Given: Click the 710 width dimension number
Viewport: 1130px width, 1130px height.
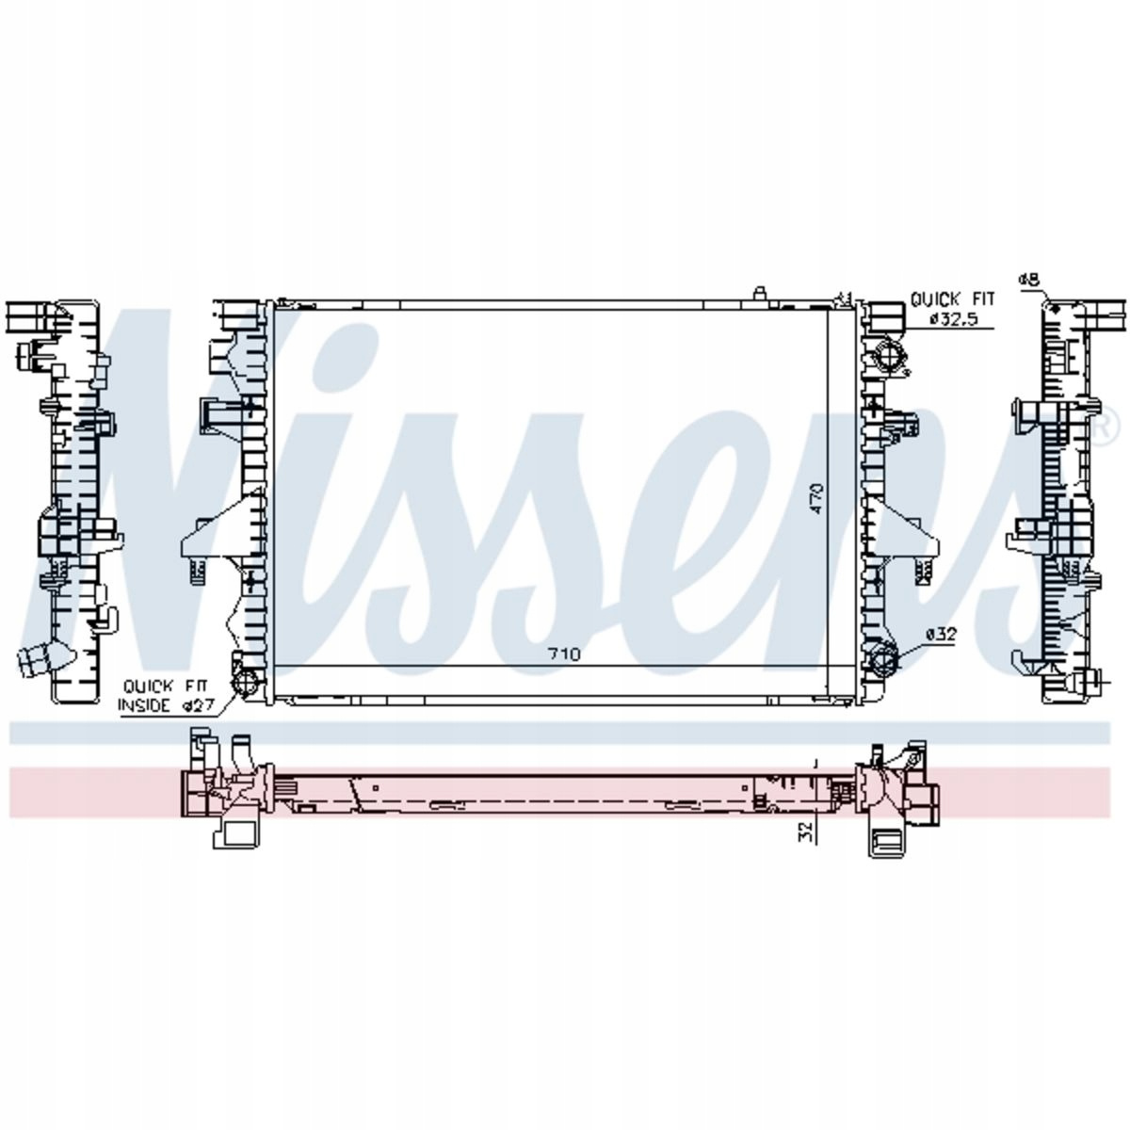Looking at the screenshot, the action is [x=563, y=654].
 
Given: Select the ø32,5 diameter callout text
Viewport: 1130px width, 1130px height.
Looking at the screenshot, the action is [x=954, y=319].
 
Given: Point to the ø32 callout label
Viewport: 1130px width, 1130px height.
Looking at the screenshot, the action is [x=941, y=634].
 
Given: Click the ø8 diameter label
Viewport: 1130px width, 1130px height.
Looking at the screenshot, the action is [x=1029, y=281].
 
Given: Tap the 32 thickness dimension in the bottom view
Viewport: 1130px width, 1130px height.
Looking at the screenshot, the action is [x=807, y=831].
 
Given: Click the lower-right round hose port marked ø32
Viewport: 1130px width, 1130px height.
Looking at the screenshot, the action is [x=884, y=660].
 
